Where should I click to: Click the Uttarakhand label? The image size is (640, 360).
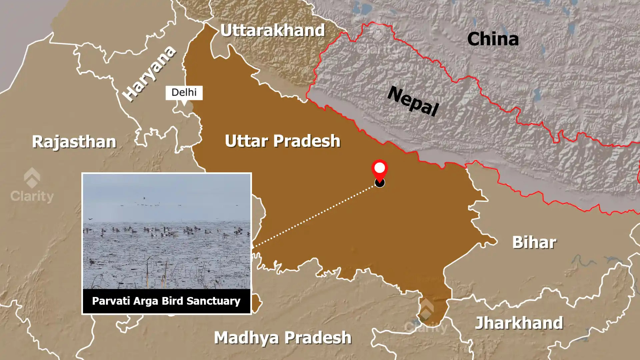coord(272,31)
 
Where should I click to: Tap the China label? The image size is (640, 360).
coord(493,39)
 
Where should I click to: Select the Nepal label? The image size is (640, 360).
coord(413,101)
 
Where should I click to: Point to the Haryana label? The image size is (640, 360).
coord(149,73)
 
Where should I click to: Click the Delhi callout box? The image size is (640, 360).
coord(184,92)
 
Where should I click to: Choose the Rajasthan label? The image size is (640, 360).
coord(74,142)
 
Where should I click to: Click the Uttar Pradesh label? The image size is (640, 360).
coord(282,141)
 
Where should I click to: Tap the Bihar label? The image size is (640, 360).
coord(534,242)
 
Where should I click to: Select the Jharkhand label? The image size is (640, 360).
coord(519,323)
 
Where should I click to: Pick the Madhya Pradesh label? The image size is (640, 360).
coord(283,338)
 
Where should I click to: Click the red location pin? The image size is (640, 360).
coord(379,169)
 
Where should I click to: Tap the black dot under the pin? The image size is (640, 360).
coord(380,183)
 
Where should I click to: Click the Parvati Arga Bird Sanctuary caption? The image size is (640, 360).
coord(166,301)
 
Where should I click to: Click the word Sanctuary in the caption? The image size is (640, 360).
coord(213,301)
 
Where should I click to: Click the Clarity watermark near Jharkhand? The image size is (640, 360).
coord(426,317)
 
